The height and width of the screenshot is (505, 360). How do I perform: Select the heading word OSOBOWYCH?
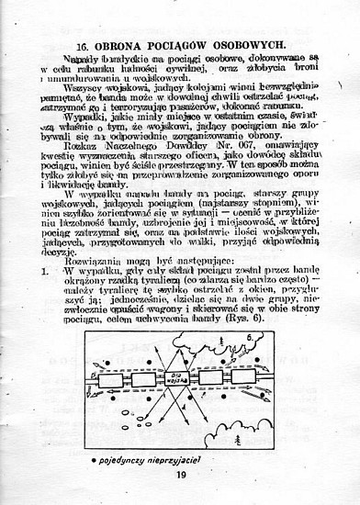coord(243,43)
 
